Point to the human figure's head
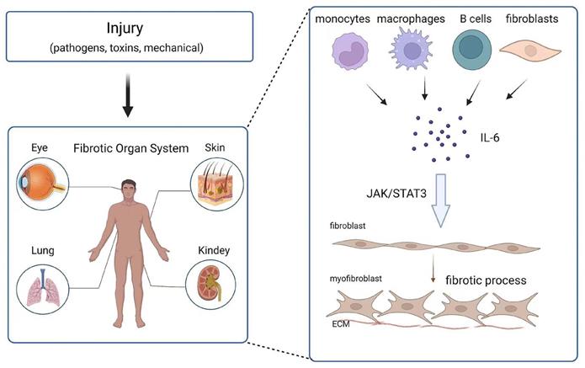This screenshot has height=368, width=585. (x=128, y=187)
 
